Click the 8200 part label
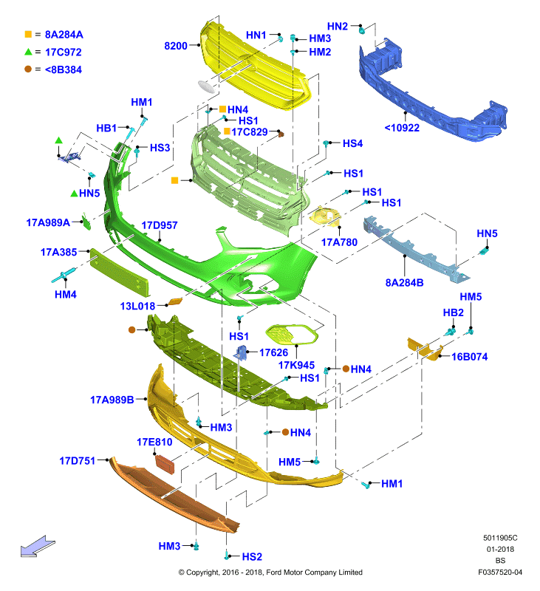(176, 46)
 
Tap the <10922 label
(402, 128)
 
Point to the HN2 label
(338, 27)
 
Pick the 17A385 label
(58, 252)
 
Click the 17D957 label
(159, 225)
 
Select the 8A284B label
(404, 282)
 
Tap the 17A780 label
(339, 242)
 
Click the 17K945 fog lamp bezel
(292, 334)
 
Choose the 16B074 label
(470, 357)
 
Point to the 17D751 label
(78, 460)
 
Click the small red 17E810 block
(165, 464)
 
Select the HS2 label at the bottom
(252, 556)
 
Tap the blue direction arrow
(38, 547)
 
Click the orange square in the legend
(28, 34)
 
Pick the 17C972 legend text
(64, 52)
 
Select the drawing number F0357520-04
(500, 572)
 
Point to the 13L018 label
(137, 306)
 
